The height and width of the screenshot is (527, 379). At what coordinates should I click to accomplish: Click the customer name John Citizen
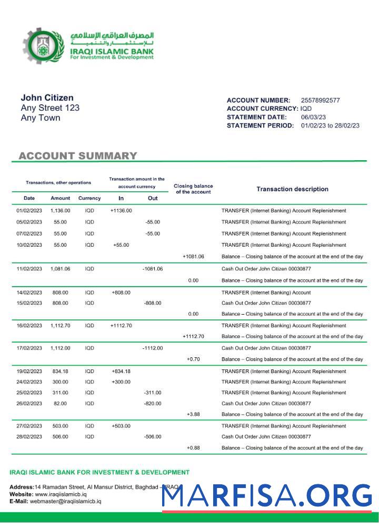tap(47, 97)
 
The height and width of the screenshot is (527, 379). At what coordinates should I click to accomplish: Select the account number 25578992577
tap(320, 100)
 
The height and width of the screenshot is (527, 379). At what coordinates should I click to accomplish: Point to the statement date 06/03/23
tap(313, 117)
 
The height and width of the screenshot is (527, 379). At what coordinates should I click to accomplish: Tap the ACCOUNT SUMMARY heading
tap(77, 156)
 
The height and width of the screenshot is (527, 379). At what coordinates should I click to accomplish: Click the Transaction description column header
tap(292, 189)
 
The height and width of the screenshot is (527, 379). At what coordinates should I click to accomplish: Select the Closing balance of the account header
tap(193, 189)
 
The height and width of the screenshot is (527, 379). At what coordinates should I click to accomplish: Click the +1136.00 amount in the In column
tap(121, 211)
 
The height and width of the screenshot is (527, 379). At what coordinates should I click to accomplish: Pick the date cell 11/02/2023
tap(29, 269)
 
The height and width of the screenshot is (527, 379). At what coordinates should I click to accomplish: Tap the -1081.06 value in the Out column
tap(153, 269)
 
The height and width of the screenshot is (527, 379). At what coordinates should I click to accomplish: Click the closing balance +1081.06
tap(193, 257)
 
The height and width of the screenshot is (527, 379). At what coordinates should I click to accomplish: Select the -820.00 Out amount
tap(153, 404)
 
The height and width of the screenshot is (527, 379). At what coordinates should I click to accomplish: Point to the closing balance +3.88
tap(193, 415)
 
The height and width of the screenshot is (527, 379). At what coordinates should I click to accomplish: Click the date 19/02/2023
tap(29, 372)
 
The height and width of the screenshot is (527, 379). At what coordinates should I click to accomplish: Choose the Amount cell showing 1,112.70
tap(61, 326)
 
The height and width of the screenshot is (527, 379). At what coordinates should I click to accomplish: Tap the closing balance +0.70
tap(193, 359)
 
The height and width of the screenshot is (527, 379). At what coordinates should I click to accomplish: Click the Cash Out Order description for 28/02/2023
tap(266, 437)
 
